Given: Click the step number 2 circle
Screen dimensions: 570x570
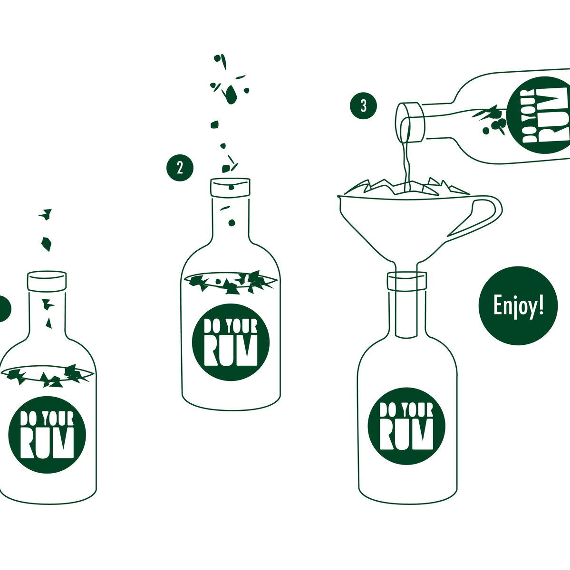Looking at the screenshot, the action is click(180, 168).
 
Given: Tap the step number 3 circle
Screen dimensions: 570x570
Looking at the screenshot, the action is click(363, 106).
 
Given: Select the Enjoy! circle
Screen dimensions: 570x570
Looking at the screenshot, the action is click(518, 305).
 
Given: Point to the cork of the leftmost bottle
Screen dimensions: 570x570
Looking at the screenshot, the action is click(47, 281).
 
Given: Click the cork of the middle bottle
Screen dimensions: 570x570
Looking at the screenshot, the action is click(231, 187).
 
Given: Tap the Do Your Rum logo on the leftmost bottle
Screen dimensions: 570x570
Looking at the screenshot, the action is click(47, 435).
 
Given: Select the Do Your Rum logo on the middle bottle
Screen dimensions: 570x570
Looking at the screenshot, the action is click(231, 342).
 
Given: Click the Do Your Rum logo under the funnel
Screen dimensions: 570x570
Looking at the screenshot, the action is click(406, 426).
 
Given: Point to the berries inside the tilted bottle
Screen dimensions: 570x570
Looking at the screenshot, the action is click(495, 126).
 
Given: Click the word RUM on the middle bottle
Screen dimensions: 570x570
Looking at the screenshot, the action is click(231, 351).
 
